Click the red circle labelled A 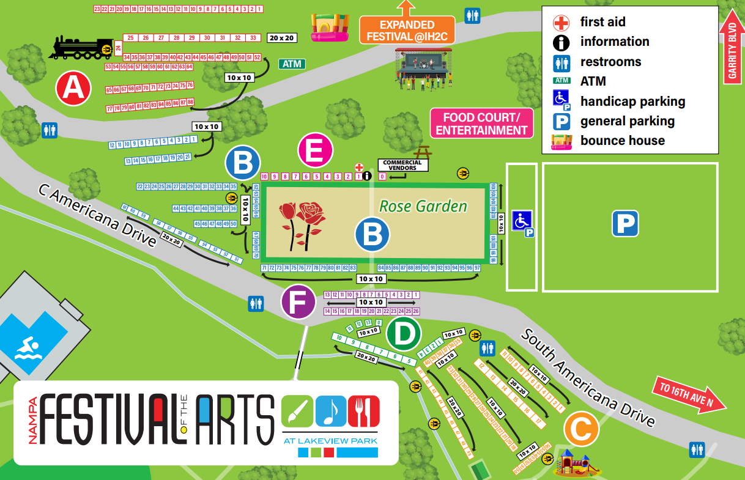(x=73, y=89)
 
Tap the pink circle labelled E (x=315, y=151)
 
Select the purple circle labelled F (x=298, y=302)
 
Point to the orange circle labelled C (x=580, y=430)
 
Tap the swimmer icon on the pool (x=27, y=350)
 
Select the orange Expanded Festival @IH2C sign (x=407, y=31)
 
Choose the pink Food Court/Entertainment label (x=481, y=124)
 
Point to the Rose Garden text (x=423, y=206)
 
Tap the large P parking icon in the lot (x=625, y=224)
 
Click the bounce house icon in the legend (x=557, y=141)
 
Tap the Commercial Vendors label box (x=402, y=165)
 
